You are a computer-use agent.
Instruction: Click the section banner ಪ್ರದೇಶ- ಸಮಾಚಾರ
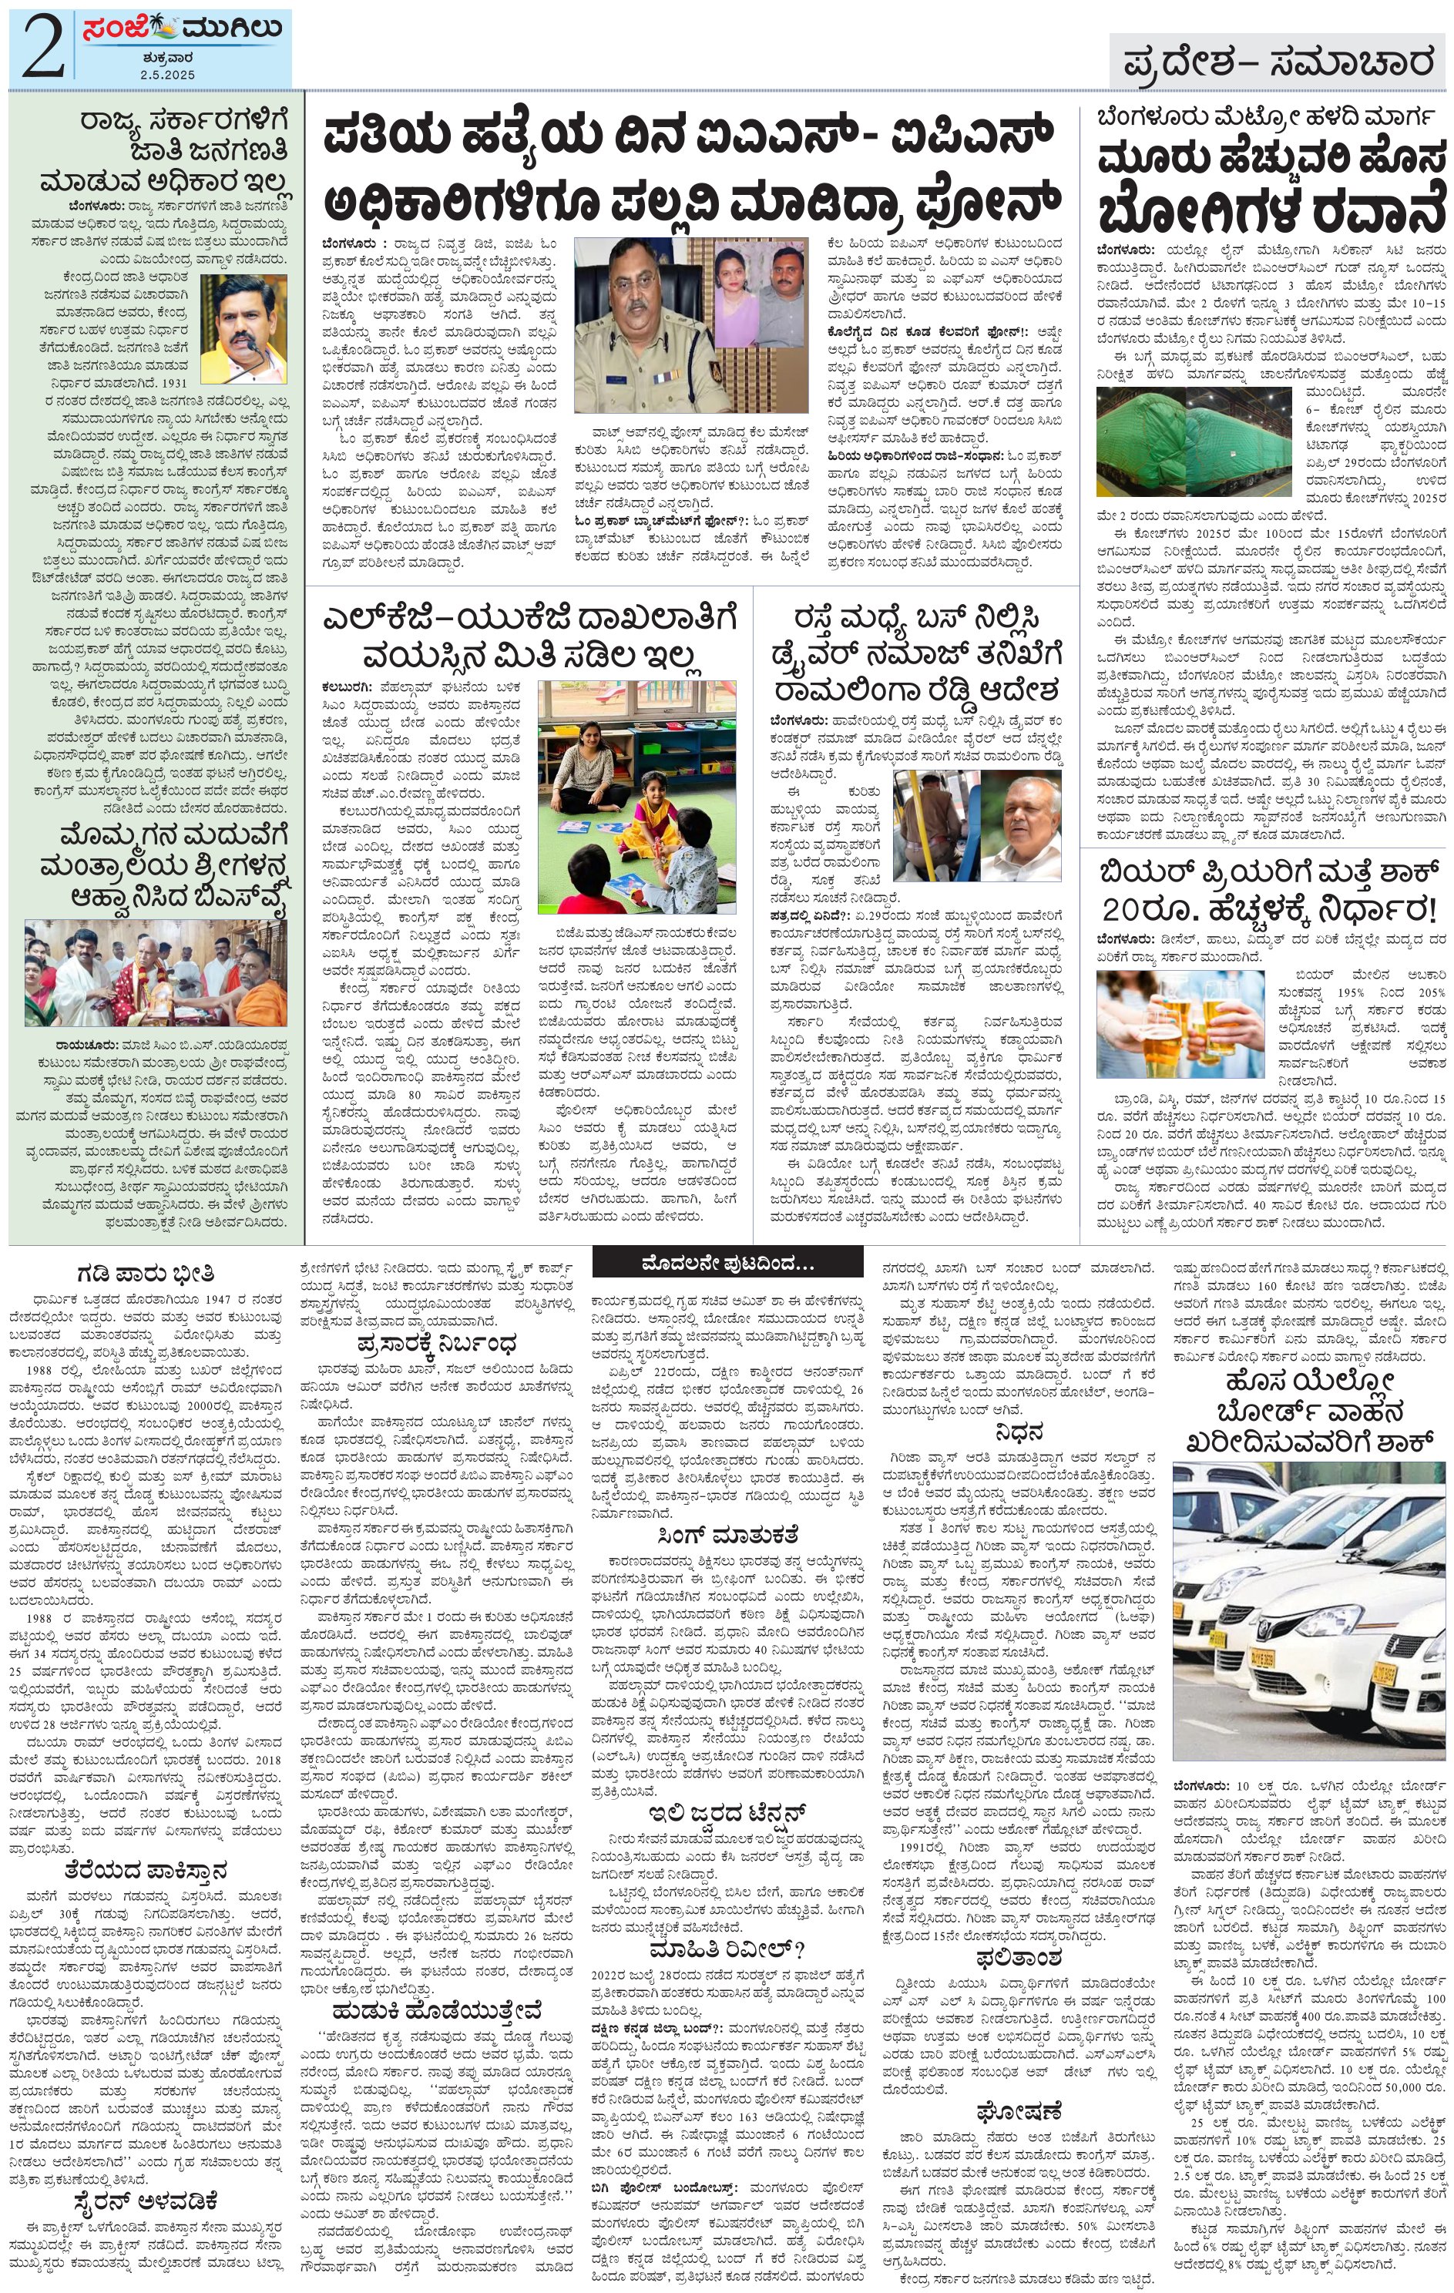(1277, 63)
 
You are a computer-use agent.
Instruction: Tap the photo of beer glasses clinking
(1180, 1024)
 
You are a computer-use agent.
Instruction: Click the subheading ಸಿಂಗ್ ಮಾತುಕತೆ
(727, 1535)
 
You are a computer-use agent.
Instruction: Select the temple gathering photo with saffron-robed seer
(155, 972)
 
